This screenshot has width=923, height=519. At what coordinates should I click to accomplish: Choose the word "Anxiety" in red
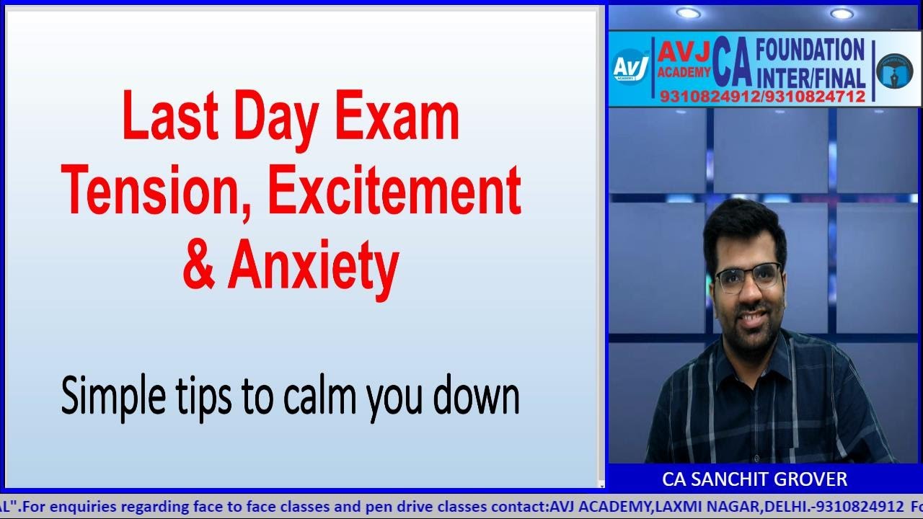coord(314,265)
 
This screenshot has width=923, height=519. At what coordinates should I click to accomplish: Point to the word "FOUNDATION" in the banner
coord(809,51)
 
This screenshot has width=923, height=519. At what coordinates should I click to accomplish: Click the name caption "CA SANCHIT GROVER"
coord(754,479)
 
